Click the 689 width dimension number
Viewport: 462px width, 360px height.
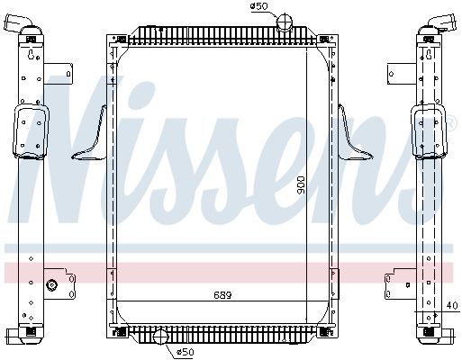222,295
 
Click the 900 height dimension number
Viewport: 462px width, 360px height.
300,185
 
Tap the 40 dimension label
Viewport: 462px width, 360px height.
452,306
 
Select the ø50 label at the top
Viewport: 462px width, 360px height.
258,6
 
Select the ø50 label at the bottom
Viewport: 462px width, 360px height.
185,352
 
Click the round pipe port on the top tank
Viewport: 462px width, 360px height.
284,22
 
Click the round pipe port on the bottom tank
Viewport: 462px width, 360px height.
161,337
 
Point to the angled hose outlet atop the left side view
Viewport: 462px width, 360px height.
18,23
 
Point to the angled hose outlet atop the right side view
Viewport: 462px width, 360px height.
440,22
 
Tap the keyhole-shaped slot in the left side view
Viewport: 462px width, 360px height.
31,55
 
